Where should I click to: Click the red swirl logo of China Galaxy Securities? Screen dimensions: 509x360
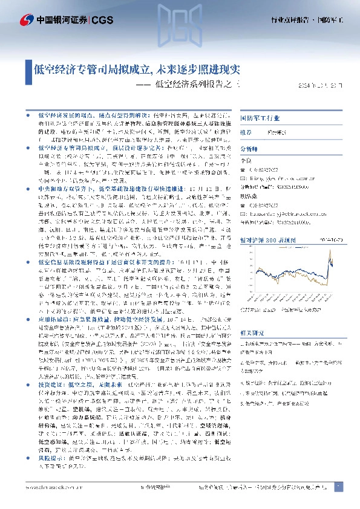click(26, 19)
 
